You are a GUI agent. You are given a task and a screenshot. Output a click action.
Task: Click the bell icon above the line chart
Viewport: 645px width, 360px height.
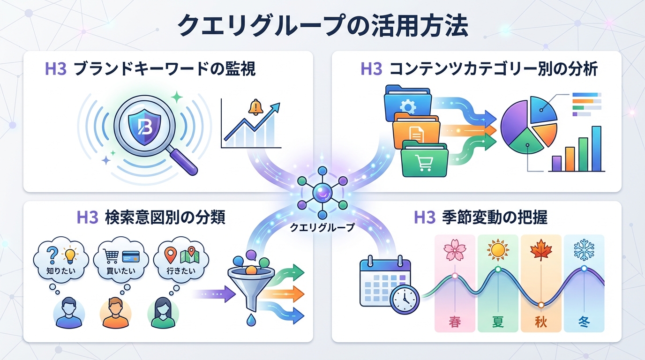256,107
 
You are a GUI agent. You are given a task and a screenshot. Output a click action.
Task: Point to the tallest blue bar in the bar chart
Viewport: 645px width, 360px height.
596,149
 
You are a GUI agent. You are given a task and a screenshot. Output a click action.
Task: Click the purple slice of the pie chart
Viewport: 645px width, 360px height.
515,124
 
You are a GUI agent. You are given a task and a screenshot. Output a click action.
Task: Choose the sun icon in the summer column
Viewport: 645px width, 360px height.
498,249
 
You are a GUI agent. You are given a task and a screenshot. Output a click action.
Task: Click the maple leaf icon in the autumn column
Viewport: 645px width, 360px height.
541,249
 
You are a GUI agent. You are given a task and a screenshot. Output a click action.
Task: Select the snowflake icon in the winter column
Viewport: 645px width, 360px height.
584,249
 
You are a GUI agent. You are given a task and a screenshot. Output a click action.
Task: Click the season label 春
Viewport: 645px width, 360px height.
454,322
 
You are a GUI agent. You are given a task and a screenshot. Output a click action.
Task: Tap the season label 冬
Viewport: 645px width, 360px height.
584,322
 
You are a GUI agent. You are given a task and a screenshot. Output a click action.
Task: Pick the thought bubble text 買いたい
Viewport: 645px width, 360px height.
121,270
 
